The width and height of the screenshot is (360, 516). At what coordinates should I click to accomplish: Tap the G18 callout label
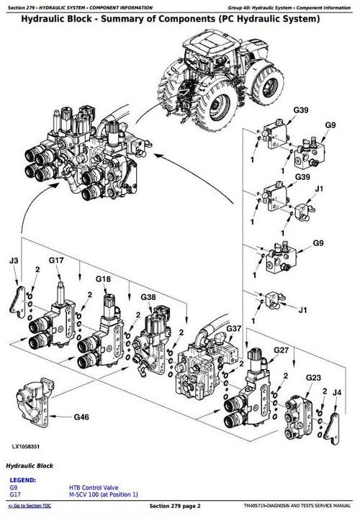[x=103, y=279]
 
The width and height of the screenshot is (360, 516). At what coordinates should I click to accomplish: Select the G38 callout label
[x=148, y=297]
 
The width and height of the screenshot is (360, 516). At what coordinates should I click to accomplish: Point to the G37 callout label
[x=234, y=328]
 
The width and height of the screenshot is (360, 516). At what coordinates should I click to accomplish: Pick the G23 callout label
[x=313, y=377]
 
